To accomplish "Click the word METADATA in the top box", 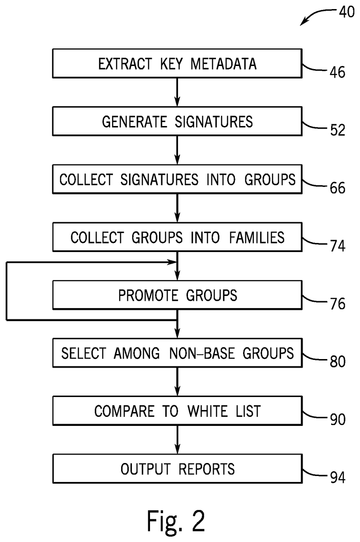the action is point(223,64).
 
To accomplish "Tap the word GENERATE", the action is point(135,121).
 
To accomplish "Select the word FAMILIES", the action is point(257,238).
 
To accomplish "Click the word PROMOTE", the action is point(148,295).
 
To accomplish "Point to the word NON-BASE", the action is point(202,353).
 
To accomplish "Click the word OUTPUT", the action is point(145,469).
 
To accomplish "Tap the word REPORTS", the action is point(206,469).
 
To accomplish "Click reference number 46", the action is point(337,72).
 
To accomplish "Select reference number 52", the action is point(337,130).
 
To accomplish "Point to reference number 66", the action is point(337,188).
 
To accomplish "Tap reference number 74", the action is point(337,246).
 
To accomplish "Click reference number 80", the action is point(337,361).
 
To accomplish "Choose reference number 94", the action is point(337,478).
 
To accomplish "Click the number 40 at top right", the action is point(347,12).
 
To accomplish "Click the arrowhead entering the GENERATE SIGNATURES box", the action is point(178,102).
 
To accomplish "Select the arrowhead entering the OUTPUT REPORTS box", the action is point(178,449).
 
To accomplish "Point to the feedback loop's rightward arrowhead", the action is point(172,262).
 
